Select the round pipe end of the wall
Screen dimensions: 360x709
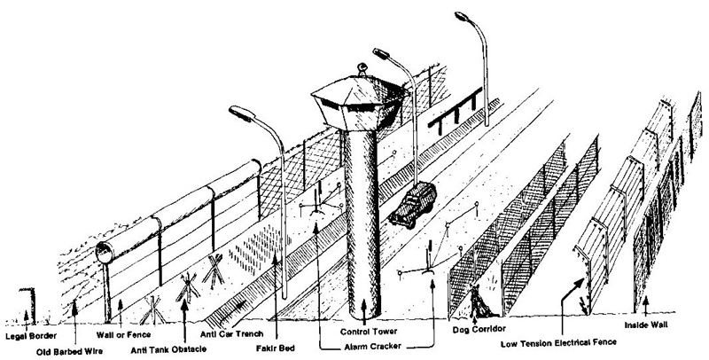(x=105, y=251)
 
